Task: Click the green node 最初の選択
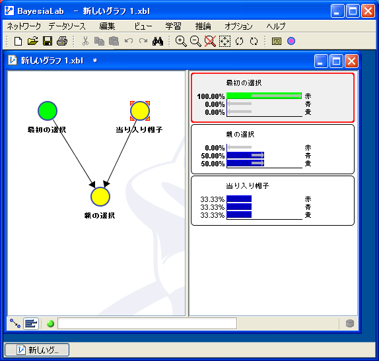point(48,111)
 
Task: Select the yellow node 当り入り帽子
point(140,111)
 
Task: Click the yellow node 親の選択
point(100,197)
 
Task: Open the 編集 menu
point(107,26)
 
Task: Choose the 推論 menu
point(203,26)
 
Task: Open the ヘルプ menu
point(276,26)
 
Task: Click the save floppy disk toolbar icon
point(48,41)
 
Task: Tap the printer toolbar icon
point(62,41)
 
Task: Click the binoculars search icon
point(158,42)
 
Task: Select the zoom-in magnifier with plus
point(181,41)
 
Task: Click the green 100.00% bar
point(264,96)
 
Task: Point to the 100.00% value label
point(211,96)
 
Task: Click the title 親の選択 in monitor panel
point(240,135)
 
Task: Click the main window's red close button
point(368,11)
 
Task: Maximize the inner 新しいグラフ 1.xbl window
point(336,61)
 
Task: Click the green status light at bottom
point(51,323)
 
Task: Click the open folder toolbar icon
point(32,41)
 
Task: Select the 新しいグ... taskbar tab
point(37,350)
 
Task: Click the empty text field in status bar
point(147,323)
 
